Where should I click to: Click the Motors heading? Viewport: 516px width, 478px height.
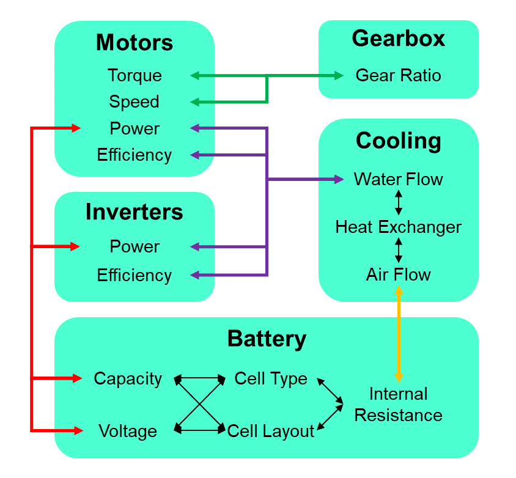pos(135,43)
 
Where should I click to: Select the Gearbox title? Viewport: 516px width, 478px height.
pos(398,39)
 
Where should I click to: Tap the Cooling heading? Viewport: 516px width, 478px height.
pos(398,141)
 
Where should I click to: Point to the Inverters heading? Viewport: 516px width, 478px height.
pos(135,211)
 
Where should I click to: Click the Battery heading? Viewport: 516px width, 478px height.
pos(267,338)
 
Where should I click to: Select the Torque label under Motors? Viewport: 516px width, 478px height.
pos(135,76)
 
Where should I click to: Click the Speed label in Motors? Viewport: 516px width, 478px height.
pos(135,101)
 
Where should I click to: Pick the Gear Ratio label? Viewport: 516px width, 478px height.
pos(398,76)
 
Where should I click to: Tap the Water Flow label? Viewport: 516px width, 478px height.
pos(398,180)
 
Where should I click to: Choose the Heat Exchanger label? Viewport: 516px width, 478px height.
pos(398,227)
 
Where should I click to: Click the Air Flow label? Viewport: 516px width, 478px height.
pos(398,275)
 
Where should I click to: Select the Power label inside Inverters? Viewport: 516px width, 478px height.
pos(135,246)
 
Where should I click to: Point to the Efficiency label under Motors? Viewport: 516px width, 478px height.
pos(135,155)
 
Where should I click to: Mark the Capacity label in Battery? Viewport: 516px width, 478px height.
pos(128,379)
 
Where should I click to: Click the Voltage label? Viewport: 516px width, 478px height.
pos(128,432)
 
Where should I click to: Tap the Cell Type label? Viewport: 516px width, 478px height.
pos(271,379)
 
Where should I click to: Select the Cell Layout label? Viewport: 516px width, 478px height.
pos(271,432)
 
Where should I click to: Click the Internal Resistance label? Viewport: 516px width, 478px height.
pos(398,405)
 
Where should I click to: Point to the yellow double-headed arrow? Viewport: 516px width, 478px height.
pos(399,334)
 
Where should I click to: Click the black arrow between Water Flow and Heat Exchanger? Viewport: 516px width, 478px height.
pos(399,203)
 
